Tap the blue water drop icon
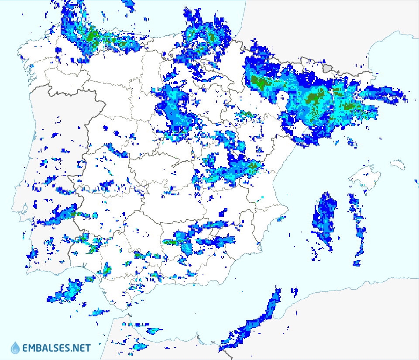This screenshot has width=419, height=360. (x=16, y=348)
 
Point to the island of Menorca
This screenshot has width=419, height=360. (x=398, y=164)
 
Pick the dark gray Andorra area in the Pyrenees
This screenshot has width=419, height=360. (x=328, y=68)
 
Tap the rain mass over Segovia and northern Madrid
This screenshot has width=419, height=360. (x=175, y=111)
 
